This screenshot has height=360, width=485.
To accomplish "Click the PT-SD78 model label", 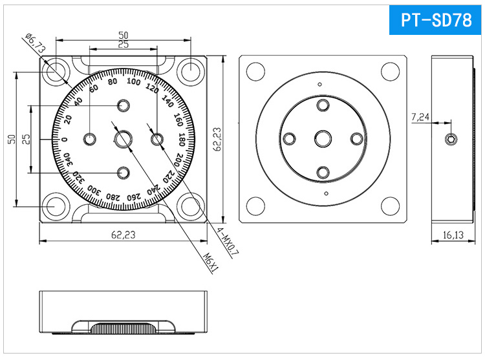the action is click(x=436, y=20).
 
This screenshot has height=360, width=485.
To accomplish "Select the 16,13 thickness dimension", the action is click(x=453, y=235).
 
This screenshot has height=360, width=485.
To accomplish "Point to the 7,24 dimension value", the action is click(x=420, y=117).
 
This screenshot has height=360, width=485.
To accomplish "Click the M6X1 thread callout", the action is click(x=211, y=262).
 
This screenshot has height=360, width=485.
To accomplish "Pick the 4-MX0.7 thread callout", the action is click(x=228, y=242).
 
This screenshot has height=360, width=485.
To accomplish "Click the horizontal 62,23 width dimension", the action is click(x=123, y=235).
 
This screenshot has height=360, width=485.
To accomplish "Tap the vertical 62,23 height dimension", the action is click(x=217, y=139).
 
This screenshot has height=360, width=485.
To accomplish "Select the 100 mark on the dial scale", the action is click(x=134, y=81).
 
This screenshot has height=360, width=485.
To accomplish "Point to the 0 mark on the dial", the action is click(x=65, y=140).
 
